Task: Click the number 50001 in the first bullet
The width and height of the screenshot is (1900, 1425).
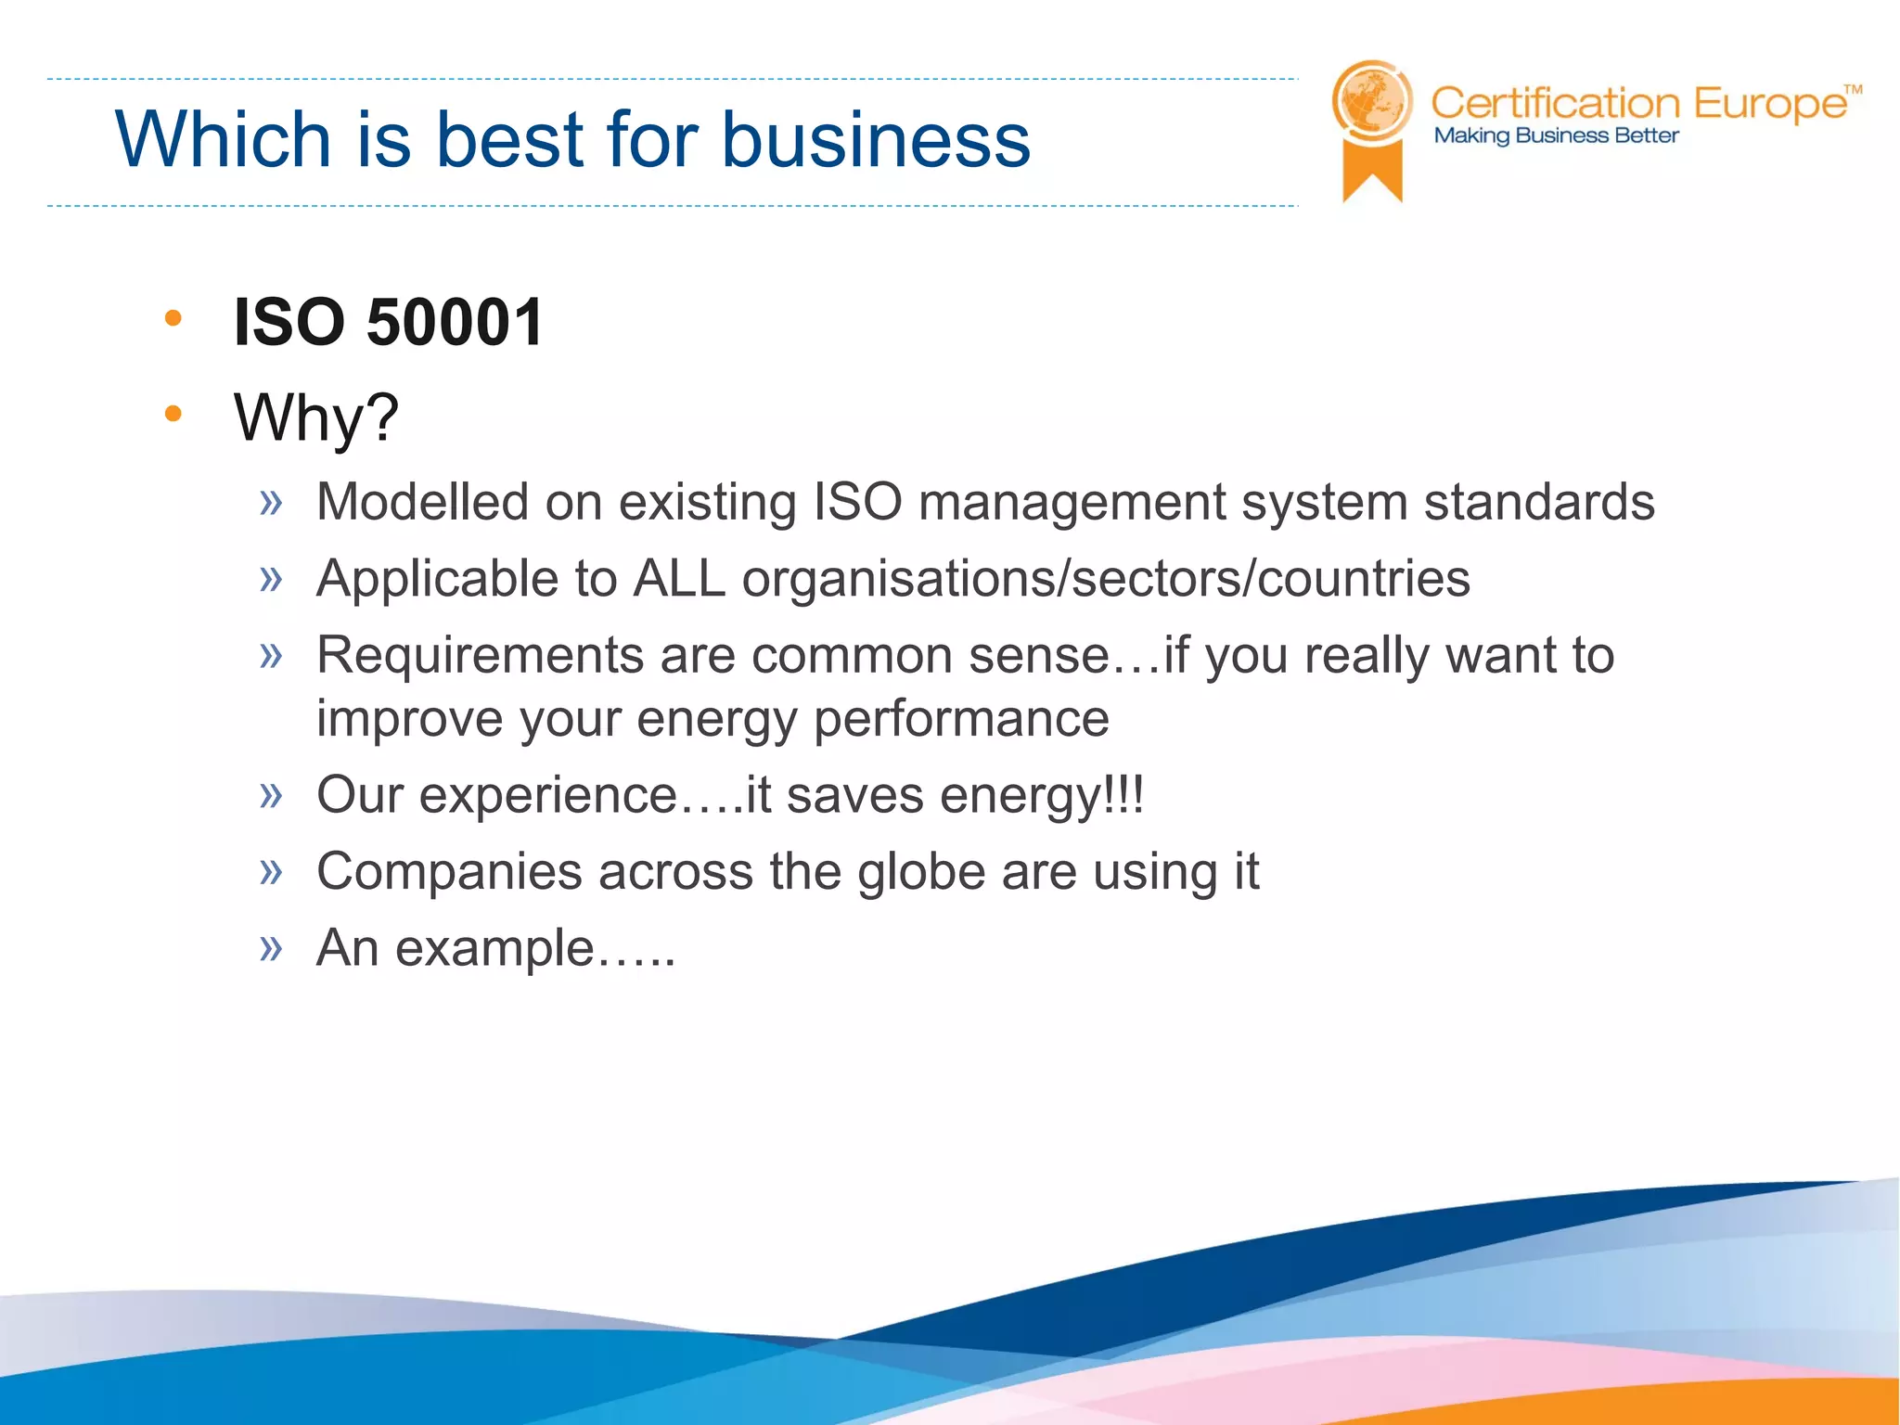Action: click(455, 323)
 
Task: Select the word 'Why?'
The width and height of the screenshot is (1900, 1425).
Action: click(315, 417)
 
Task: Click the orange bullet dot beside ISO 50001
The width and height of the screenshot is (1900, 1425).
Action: click(173, 318)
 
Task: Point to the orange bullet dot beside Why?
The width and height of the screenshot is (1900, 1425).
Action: click(173, 413)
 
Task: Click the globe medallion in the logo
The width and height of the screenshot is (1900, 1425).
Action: click(1371, 100)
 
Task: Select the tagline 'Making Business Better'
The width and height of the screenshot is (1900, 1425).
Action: click(1556, 136)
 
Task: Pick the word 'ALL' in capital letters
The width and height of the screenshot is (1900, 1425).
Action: click(679, 579)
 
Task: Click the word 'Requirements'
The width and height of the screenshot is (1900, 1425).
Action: click(480, 655)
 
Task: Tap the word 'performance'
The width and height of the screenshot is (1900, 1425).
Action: click(961, 719)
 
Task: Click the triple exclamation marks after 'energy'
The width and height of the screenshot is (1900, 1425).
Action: click(1126, 795)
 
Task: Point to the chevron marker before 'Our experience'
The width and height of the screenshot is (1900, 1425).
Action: click(271, 795)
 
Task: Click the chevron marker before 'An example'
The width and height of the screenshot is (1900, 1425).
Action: click(271, 948)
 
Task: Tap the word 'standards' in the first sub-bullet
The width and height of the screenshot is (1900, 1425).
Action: click(1539, 502)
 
